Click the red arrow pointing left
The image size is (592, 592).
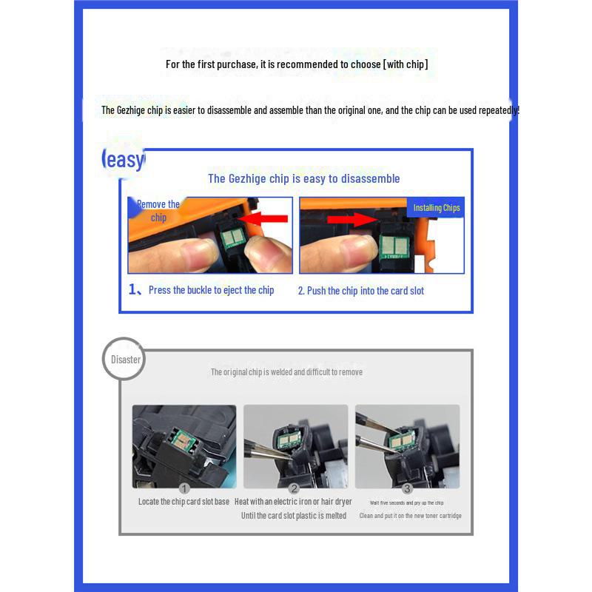click(265, 218)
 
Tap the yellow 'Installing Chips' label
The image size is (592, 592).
click(437, 208)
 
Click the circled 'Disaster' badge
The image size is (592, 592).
click(126, 360)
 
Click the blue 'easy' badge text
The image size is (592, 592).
click(124, 159)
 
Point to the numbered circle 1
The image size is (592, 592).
click(184, 488)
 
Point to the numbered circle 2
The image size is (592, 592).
click(294, 488)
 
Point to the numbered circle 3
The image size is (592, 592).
click(407, 488)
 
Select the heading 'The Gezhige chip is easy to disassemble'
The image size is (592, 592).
click(303, 178)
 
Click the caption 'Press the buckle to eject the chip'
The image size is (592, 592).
click(211, 290)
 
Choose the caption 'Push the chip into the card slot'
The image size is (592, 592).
click(361, 291)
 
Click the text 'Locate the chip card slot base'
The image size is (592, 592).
click(184, 502)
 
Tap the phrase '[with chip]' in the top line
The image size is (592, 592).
click(405, 64)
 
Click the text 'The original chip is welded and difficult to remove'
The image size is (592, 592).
click(286, 372)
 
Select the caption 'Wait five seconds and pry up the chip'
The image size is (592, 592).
click(407, 503)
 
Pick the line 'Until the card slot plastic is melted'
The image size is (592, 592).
click(294, 516)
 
